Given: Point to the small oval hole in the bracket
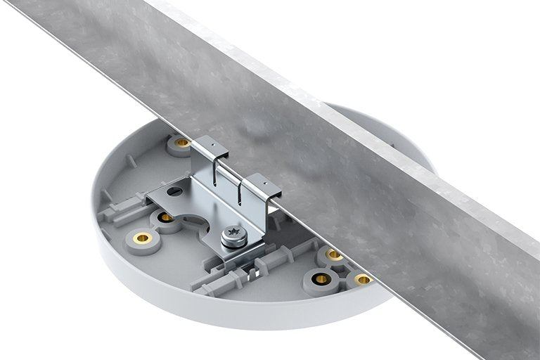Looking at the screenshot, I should (x=175, y=191).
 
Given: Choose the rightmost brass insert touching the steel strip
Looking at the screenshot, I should (x=363, y=279).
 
